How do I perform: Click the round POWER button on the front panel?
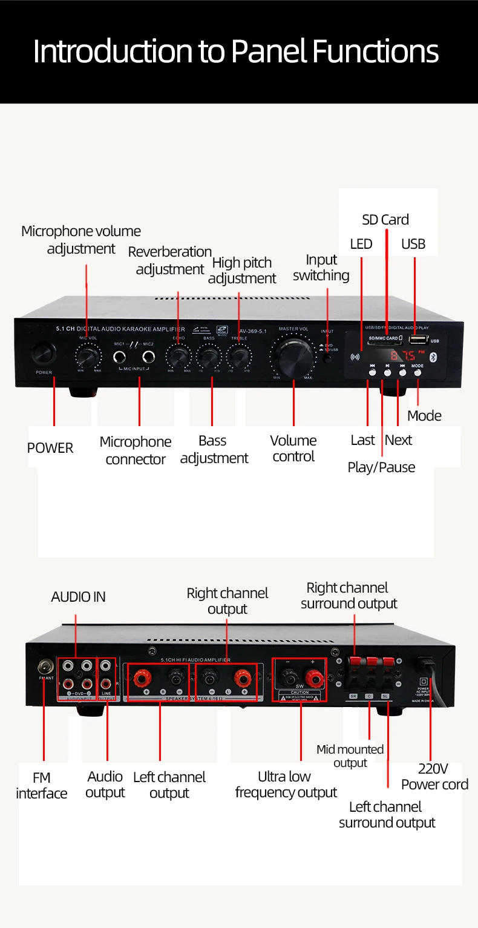[x=44, y=352]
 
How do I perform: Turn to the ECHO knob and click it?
[x=178, y=356]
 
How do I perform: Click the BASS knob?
[x=209, y=356]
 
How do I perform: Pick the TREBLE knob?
[x=239, y=356]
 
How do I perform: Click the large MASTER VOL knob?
[x=293, y=355]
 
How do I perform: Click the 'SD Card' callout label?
[x=385, y=220]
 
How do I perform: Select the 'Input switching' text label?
[x=321, y=268]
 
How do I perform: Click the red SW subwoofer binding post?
[x=313, y=677]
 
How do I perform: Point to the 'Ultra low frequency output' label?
[x=286, y=785]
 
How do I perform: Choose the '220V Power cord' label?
[x=434, y=777]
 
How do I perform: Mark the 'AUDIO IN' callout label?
[x=78, y=597]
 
